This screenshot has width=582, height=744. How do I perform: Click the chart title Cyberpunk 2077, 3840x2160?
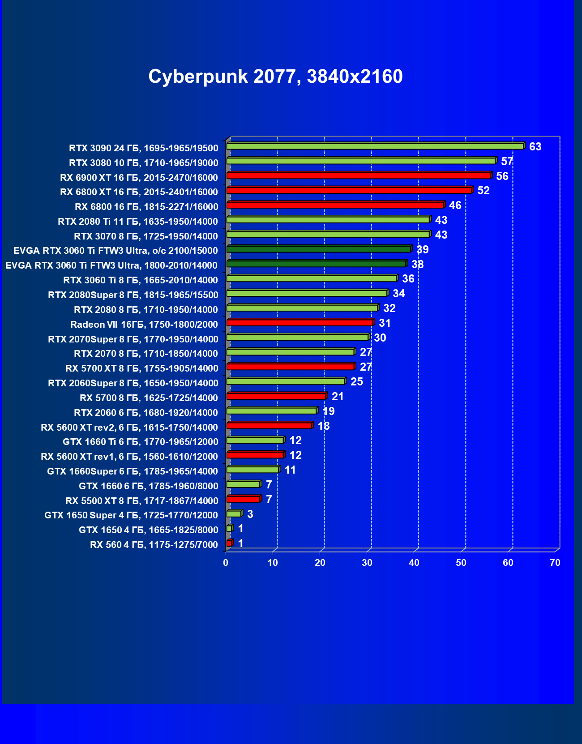click(275, 77)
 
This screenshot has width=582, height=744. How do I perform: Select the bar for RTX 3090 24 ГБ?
click(375, 146)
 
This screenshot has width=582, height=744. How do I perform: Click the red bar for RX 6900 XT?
click(359, 175)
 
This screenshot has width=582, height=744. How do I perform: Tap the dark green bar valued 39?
click(318, 249)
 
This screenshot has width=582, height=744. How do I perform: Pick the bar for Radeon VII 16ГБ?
click(300, 323)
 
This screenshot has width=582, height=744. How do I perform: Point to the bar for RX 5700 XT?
click(290, 367)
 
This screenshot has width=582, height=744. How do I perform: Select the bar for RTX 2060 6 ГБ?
click(271, 411)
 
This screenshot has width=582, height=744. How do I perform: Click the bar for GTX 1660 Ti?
click(255, 440)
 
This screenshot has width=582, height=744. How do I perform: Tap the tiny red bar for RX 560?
click(229, 543)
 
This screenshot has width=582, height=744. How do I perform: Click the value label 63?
click(535, 147)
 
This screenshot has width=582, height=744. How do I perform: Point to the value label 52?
click(484, 191)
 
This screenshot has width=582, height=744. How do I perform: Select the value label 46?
click(455, 205)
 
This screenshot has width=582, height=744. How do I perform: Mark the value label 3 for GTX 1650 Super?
click(250, 514)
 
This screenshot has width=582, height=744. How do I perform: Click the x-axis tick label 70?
click(555, 563)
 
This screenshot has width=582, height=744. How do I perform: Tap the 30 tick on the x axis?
click(367, 563)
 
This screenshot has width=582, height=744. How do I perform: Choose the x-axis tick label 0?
click(226, 563)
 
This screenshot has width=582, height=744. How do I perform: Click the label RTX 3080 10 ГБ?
click(144, 163)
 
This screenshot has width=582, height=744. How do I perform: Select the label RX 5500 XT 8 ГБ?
click(142, 501)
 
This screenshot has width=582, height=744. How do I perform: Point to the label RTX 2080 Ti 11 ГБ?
click(138, 222)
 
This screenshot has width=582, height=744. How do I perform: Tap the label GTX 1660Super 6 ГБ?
click(133, 471)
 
